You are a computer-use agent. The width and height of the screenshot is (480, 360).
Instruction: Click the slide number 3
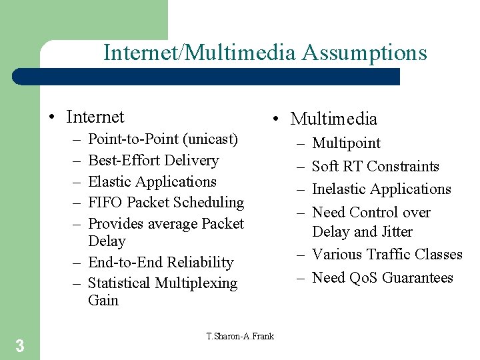20,345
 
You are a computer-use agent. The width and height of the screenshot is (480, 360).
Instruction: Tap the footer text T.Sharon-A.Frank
240,336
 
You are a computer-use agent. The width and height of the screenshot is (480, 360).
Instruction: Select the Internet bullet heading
95,117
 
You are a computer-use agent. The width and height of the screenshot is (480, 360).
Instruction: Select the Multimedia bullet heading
333,119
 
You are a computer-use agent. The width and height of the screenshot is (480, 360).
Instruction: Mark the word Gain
103,300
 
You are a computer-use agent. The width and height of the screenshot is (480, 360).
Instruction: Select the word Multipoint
347,143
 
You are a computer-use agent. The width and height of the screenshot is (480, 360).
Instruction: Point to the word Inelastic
339,189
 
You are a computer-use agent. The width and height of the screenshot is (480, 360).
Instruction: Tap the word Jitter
395,232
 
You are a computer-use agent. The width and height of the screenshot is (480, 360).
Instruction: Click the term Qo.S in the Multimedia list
363,278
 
